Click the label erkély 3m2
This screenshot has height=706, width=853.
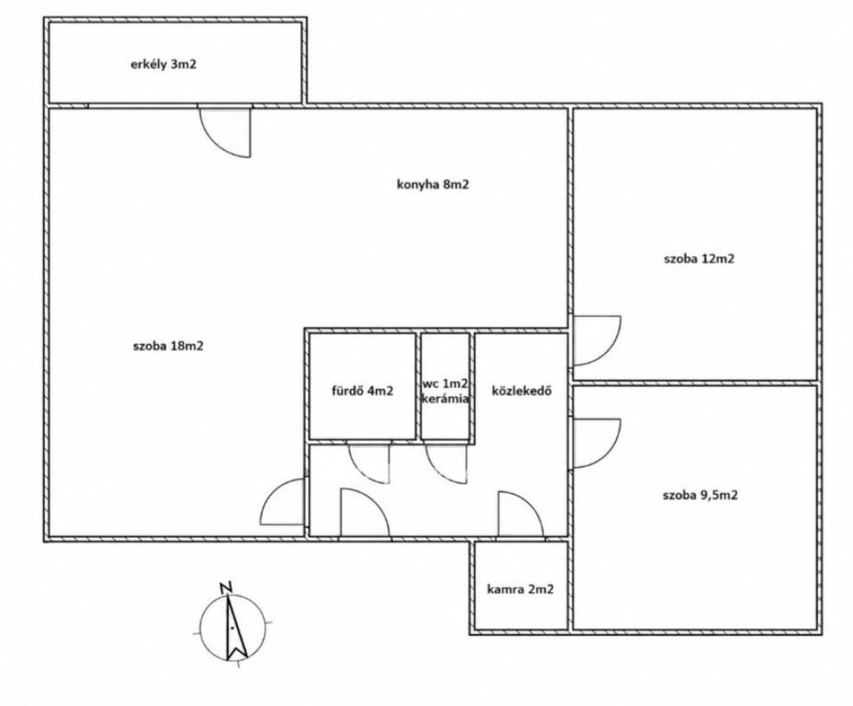click(x=163, y=65)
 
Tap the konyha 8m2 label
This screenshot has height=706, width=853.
click(x=433, y=184)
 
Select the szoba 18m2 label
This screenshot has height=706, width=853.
click(x=168, y=346)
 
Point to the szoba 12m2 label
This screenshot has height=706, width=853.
click(x=699, y=258)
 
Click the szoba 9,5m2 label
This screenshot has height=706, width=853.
click(x=700, y=495)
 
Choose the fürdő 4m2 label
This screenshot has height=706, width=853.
click(x=362, y=390)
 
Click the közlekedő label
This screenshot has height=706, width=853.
click(x=522, y=390)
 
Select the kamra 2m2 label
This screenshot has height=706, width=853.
click(x=521, y=589)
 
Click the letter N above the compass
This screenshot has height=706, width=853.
click(x=227, y=588)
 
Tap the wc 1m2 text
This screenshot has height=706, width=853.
click(x=446, y=383)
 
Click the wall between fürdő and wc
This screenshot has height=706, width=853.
click(x=418, y=386)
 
